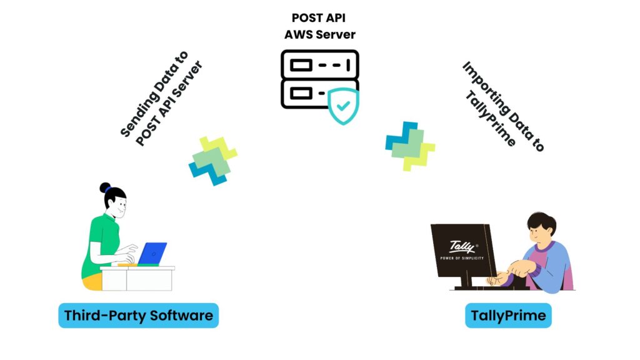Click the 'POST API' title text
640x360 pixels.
coord(320,17)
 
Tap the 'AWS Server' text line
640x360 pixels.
coord(320,34)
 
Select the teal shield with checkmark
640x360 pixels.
coord(343,105)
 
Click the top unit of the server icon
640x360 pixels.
coord(319,64)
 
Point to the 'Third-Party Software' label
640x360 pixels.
coord(139,316)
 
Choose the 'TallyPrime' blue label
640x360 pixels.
coord(508,316)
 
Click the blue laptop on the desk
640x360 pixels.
coord(152,253)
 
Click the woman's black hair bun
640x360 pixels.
coord(105,187)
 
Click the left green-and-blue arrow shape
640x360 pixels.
coord(212,161)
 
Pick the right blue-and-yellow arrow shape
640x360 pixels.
coord(409,146)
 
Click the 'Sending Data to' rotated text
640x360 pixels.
coord(152,97)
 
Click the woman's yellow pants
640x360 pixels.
coord(92,282)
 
